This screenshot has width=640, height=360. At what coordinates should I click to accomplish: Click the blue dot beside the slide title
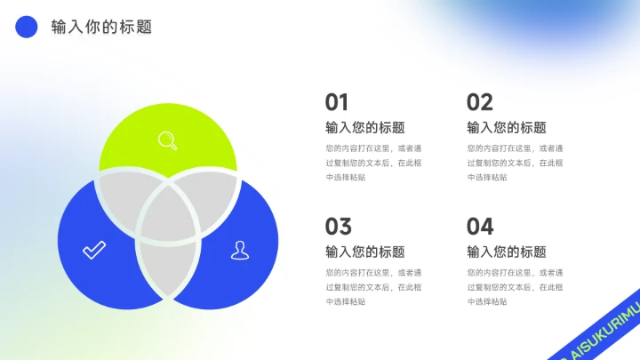pyautogui.click(x=27, y=27)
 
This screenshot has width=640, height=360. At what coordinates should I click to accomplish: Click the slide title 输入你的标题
pyautogui.click(x=101, y=27)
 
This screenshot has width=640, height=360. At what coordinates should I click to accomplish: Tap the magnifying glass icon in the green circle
pyautogui.click(x=167, y=140)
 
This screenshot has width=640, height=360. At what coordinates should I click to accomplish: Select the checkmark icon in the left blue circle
pyautogui.click(x=94, y=250)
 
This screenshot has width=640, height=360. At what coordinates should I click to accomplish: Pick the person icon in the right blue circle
pyautogui.click(x=240, y=250)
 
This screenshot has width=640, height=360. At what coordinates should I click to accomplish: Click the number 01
pyautogui.click(x=337, y=102)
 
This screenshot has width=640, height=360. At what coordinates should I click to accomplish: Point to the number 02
pyautogui.click(x=480, y=102)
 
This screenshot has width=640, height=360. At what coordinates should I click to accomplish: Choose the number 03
pyautogui.click(x=339, y=227)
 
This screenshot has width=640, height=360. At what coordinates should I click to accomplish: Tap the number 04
pyautogui.click(x=480, y=227)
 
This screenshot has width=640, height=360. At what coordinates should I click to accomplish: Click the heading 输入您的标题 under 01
pyautogui.click(x=365, y=127)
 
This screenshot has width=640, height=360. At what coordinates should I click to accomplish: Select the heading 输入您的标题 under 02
pyautogui.click(x=507, y=127)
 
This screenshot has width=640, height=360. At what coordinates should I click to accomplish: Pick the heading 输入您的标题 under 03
pyautogui.click(x=365, y=252)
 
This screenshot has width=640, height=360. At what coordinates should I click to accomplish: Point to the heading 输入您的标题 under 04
pyautogui.click(x=507, y=252)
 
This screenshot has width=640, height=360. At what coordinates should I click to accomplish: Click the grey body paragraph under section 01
pyautogui.click(x=373, y=163)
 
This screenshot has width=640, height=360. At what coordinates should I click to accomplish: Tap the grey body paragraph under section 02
pyautogui.click(x=515, y=163)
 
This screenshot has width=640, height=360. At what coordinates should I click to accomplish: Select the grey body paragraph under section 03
pyautogui.click(x=373, y=287)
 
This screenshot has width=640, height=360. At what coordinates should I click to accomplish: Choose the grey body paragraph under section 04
pyautogui.click(x=515, y=287)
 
